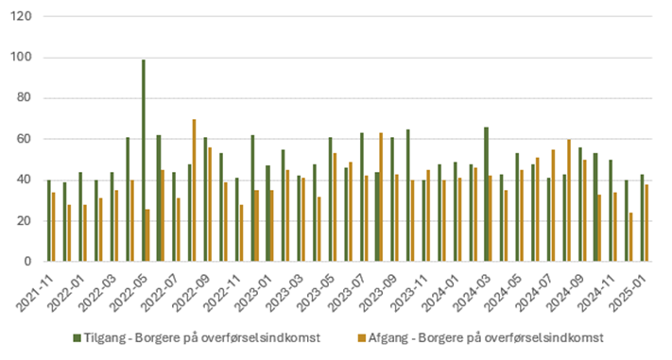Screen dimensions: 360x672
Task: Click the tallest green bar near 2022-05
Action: click(143, 161)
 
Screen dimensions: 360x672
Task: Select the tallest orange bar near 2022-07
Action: click(194, 190)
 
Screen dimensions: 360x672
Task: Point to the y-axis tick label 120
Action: click(23, 17)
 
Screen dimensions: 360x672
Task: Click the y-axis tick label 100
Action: click(23, 58)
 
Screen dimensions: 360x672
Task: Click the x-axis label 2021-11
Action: click(37, 288)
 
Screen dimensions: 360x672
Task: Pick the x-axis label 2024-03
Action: click(477, 288)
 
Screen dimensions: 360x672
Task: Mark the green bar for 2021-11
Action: click(49, 221)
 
